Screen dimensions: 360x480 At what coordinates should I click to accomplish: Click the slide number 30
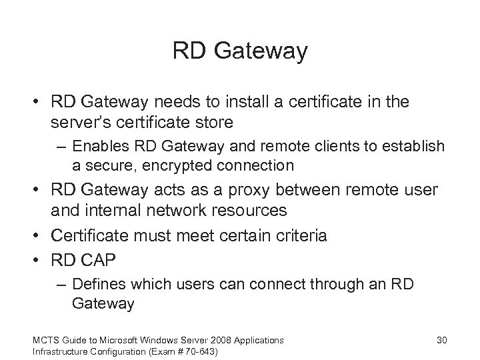click(441, 340)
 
